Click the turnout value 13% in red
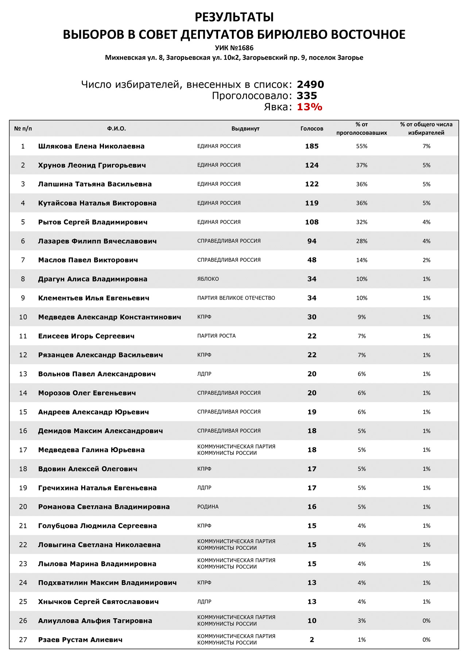coord(309,107)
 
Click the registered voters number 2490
coord(310,84)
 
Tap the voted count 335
coord(307,96)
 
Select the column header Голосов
coord(312,128)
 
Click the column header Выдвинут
coord(245,128)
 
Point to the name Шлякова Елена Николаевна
coord(91,146)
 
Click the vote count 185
coord(312,146)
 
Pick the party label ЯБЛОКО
coord(208,279)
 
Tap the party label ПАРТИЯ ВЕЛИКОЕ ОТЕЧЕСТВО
coord(236,298)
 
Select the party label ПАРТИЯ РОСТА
coord(216,336)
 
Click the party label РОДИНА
coord(208,507)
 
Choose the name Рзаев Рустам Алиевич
coord(80,640)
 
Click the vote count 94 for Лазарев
coord(312,241)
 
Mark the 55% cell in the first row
coord(361,146)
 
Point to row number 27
coord(23,640)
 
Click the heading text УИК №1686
coord(234,48)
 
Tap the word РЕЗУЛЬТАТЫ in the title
coord(234,17)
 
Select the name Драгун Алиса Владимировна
coord(93,279)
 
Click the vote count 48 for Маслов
coord(312,260)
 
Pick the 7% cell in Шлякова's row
coord(426,146)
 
